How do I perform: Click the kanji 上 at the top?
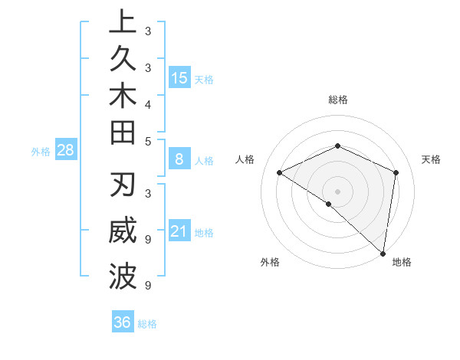click(123, 22)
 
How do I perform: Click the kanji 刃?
click(123, 186)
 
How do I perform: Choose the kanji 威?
click(123, 231)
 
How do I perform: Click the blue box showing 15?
click(179, 77)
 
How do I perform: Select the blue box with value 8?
click(179, 159)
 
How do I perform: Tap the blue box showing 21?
click(179, 231)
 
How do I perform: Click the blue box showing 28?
click(65, 150)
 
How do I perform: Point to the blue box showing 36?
click(122, 322)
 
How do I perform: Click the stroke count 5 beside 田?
click(148, 142)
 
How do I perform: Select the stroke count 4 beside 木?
click(148, 104)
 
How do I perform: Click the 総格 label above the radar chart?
click(338, 100)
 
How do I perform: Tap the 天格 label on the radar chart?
click(431, 159)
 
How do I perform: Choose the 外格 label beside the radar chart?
click(270, 263)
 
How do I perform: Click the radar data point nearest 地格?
click(383, 252)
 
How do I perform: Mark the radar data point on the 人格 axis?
click(280, 173)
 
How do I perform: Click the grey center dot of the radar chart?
click(338, 191)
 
